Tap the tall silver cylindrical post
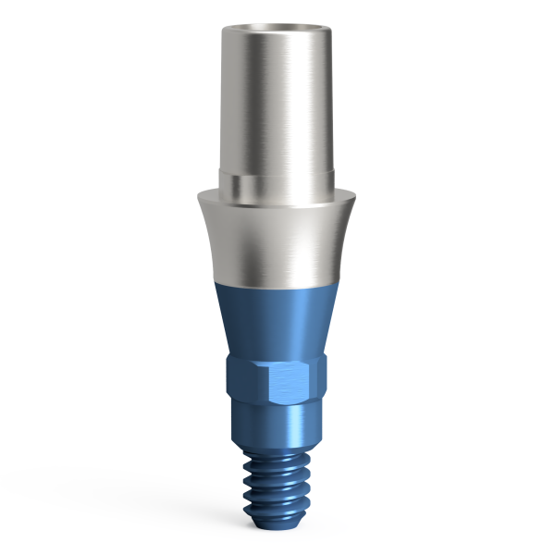[277, 102]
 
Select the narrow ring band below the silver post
[277, 179]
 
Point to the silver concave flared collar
[277, 236]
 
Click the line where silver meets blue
[277, 281]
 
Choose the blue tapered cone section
[277, 319]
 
